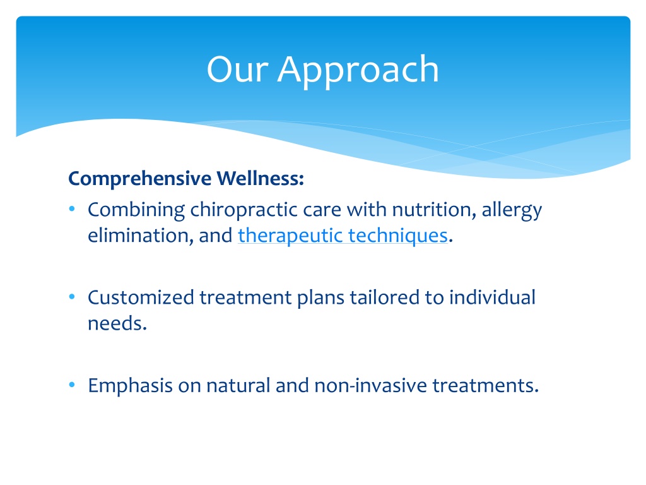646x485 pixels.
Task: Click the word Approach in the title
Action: pos(358,71)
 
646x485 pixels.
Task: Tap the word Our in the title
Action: pos(237,69)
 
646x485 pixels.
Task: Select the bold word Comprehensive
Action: pos(140,179)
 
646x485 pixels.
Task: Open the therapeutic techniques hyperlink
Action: pos(343,236)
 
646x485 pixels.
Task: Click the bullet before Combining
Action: pos(72,209)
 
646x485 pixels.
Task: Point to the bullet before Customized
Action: pos(72,297)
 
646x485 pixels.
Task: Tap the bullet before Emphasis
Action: pos(72,385)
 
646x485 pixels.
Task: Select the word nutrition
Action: pos(432,210)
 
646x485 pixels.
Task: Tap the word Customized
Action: pos(141,297)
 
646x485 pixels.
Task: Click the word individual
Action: pos(492,297)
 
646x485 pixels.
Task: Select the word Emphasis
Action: pos(130,386)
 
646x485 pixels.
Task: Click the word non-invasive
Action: pos(371,386)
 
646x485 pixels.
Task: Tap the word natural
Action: pos(238,386)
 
